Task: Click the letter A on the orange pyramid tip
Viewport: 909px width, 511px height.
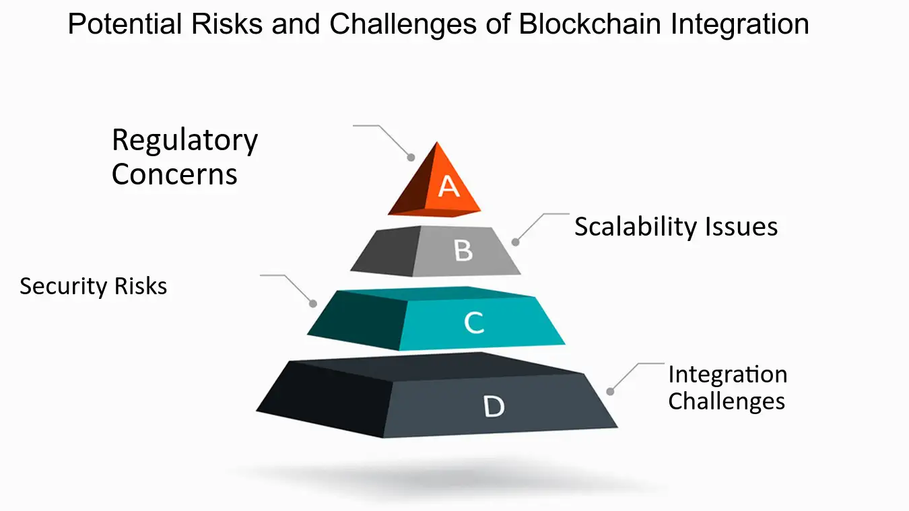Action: (448, 185)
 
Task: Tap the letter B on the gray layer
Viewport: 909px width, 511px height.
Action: (463, 250)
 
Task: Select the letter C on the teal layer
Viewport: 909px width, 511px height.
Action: (474, 323)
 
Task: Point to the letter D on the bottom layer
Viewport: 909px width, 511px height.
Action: (494, 406)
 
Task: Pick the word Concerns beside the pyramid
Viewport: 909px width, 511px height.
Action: (174, 174)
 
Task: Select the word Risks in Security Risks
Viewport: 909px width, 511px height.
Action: (140, 286)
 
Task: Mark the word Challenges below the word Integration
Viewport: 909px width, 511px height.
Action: (727, 401)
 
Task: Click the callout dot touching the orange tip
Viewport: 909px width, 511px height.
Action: (411, 158)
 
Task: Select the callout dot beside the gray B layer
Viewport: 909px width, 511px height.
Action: (516, 242)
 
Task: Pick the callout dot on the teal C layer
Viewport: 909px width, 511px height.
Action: (313, 304)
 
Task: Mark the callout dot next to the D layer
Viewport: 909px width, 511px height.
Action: (610, 391)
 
